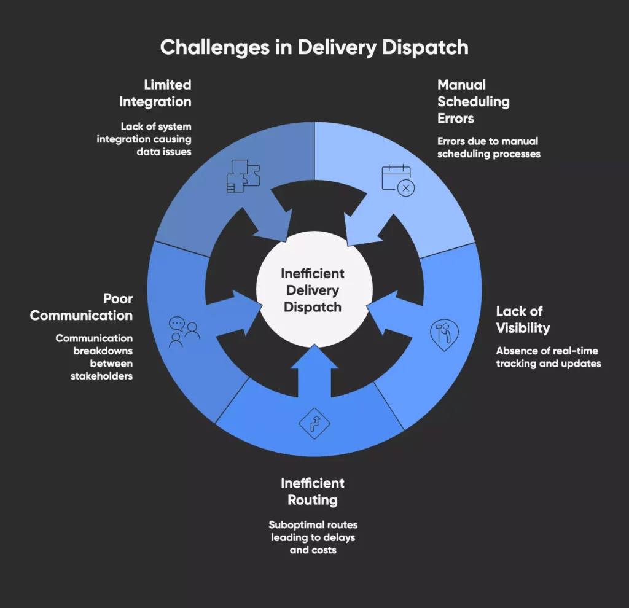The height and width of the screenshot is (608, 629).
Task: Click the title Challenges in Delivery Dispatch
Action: click(314, 47)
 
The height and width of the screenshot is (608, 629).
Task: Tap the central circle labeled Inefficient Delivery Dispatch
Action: click(313, 290)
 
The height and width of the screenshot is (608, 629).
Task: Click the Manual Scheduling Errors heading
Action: click(473, 101)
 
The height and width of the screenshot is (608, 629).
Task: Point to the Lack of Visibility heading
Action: click(523, 319)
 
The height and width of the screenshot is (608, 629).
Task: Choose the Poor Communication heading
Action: click(82, 307)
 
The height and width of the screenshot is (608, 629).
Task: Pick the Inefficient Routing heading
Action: click(313, 491)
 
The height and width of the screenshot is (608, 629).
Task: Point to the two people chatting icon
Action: click(184, 332)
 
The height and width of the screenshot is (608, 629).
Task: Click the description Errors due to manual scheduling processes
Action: click(488, 147)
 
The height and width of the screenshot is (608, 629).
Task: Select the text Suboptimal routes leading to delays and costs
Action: click(313, 537)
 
